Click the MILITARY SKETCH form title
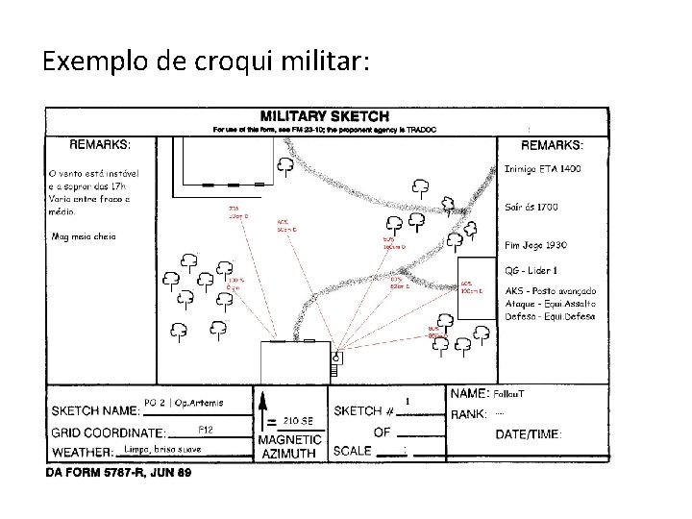[x=328, y=115]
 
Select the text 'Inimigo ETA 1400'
[x=543, y=169]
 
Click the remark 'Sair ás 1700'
[x=531, y=207]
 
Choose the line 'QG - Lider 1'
[x=531, y=270]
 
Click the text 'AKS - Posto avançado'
[x=551, y=291]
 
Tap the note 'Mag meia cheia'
[x=84, y=236]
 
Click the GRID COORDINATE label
[x=108, y=432]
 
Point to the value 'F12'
[x=205, y=428]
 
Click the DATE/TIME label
[x=529, y=434]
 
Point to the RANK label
[x=469, y=414]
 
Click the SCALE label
[x=352, y=451]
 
